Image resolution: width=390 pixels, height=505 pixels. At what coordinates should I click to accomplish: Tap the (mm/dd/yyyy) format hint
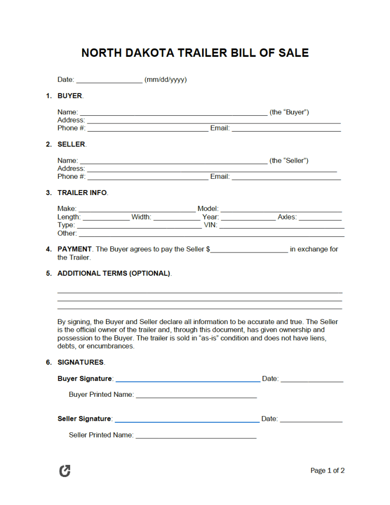click(x=166, y=80)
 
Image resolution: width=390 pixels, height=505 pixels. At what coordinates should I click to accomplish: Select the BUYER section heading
click(x=70, y=96)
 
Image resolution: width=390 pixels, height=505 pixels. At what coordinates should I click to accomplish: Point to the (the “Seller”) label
click(x=289, y=161)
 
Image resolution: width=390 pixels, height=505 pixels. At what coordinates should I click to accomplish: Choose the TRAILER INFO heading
click(x=82, y=193)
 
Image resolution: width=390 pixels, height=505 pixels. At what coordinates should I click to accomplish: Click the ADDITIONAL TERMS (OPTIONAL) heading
click(x=114, y=273)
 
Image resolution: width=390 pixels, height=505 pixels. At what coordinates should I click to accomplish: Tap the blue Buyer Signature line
click(x=188, y=380)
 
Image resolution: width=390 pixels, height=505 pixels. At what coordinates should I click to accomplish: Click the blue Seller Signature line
click(x=187, y=421)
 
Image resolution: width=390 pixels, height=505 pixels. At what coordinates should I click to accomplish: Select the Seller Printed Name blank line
click(x=196, y=436)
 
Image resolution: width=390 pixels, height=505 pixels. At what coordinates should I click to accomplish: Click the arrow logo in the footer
click(x=65, y=471)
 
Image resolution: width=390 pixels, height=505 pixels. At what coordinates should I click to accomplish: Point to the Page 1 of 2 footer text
click(x=328, y=471)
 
